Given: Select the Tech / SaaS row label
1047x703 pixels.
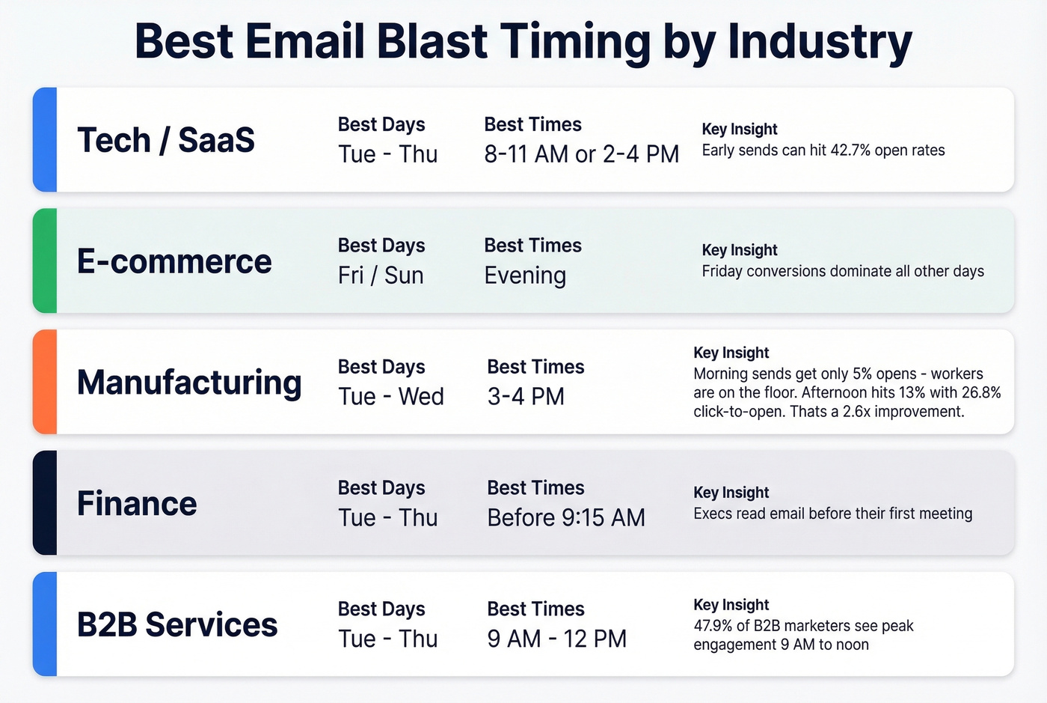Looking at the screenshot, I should coord(166,140).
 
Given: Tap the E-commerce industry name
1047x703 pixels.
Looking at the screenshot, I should coord(174,261).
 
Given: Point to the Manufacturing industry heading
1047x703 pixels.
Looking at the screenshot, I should coord(189,383).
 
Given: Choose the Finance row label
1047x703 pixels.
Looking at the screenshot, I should coord(137,503).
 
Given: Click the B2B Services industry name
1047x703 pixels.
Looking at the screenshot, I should coord(177,624).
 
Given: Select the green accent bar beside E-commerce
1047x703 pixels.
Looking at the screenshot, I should coord(45,261).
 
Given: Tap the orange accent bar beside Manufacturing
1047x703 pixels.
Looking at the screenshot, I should coord(45,382).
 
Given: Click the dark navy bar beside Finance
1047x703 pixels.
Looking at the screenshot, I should coord(45,502).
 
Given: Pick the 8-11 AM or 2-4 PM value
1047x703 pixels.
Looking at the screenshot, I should coord(581,154).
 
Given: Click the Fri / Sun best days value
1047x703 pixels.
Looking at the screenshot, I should coord(381,276).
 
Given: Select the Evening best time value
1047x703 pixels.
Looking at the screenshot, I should coord(525,276).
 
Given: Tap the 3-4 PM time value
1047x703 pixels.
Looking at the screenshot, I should coord(526,397).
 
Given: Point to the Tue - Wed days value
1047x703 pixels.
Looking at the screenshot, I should coord(390,397).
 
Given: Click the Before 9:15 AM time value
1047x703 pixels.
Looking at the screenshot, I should coord(566,518).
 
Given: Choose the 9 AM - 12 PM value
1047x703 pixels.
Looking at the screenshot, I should coord(557,639).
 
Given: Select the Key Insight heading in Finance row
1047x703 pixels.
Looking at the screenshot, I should coord(731,493).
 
